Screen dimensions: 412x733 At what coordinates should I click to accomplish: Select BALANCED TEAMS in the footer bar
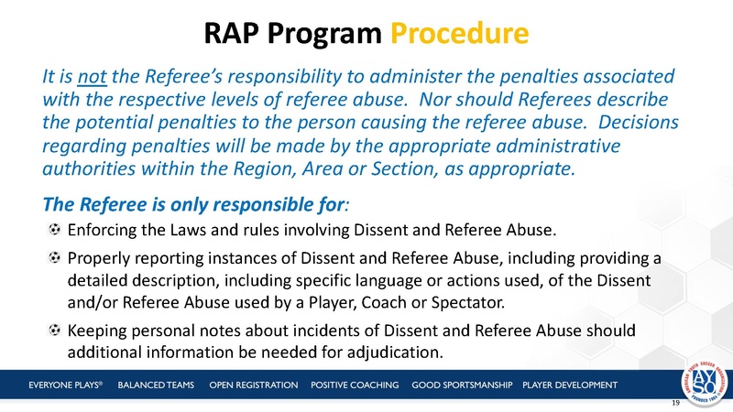[x=158, y=384]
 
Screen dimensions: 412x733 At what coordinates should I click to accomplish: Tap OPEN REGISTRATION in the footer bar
[x=254, y=384]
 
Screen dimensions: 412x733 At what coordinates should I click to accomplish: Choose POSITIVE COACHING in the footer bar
[x=356, y=384]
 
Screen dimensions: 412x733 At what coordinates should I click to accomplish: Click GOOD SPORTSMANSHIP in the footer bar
[x=462, y=384]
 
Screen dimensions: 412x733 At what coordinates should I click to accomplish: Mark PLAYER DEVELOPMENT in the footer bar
[x=569, y=384]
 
